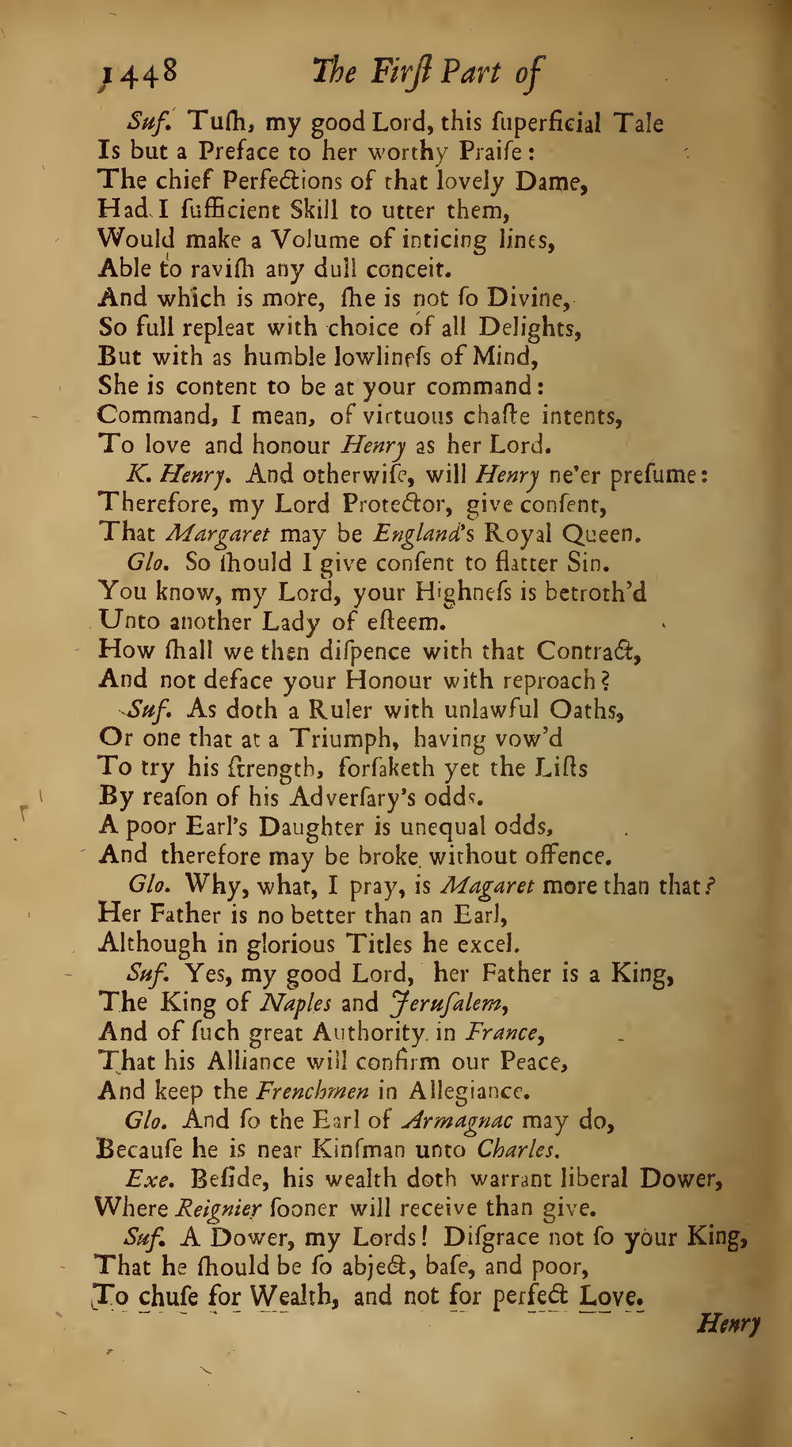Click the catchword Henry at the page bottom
[x=729, y=1323]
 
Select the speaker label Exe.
[x=146, y=1179]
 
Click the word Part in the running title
[x=470, y=74]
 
